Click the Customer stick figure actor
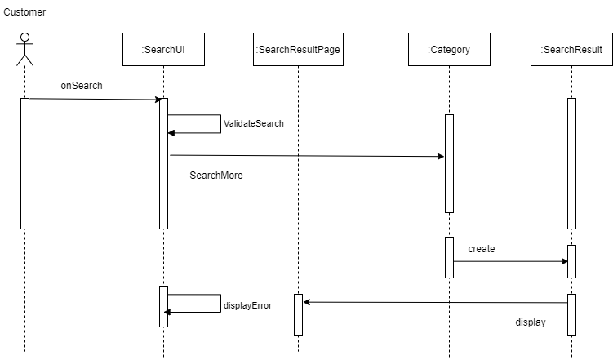pos(24,49)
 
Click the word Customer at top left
pos(24,12)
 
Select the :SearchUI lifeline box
pos(163,50)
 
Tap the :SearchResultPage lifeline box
pos(298,50)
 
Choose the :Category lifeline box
pos(449,50)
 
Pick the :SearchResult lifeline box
pos(571,50)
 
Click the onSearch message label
pos(81,86)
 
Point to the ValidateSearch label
pos(253,124)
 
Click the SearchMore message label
pos(216,176)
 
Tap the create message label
pos(482,249)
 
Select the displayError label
pos(247,306)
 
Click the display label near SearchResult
pos(531,322)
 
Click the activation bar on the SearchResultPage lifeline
pos(298,314)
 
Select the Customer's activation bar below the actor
pos(24,163)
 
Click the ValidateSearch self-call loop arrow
pos(219,123)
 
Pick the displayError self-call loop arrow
pos(219,303)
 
